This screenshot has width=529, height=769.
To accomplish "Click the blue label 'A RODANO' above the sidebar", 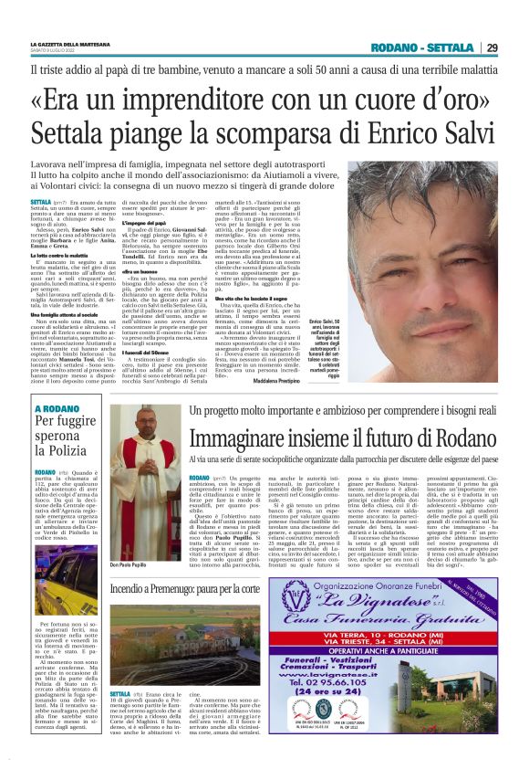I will coord(56,409).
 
